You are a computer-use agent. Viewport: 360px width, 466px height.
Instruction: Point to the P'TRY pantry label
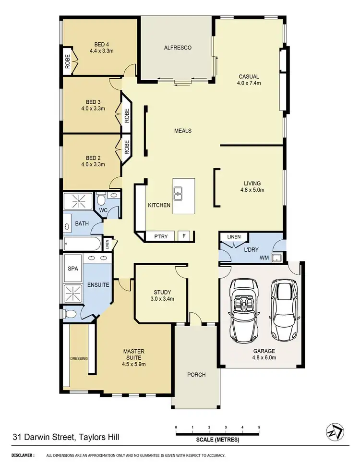coord(160,236)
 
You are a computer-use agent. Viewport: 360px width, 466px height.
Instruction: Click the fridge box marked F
coord(183,236)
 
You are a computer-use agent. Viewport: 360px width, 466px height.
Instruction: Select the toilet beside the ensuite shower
coord(70,314)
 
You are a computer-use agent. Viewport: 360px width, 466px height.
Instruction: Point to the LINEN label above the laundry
coord(234,236)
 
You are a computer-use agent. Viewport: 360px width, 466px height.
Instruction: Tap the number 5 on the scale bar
coord(259,427)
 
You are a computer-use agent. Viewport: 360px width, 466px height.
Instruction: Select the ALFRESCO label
coord(178,48)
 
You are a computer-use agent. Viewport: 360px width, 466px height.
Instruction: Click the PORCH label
coord(196,375)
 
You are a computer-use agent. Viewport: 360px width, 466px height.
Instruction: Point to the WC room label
coord(103,210)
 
